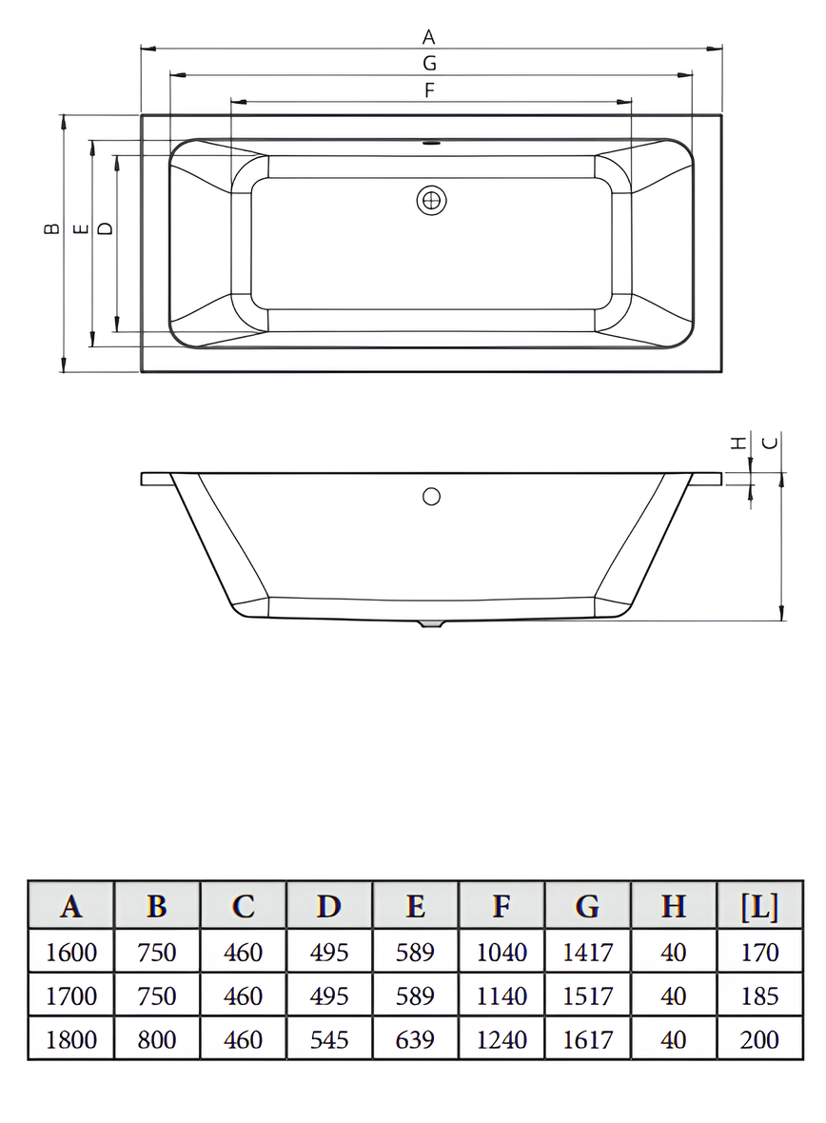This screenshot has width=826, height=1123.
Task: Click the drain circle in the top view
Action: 431,201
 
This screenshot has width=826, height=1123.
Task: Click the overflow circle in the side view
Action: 431,496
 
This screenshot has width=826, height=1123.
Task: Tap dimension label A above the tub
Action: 429,36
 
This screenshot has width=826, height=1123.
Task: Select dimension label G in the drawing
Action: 429,63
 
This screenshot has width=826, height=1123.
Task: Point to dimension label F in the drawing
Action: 429,90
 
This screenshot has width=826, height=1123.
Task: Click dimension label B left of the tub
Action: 50,228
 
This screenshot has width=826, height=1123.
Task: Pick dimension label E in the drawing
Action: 81,228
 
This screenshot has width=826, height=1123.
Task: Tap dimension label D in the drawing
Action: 105,228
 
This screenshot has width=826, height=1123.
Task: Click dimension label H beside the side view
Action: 737,443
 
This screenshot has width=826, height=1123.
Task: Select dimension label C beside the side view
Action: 770,443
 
